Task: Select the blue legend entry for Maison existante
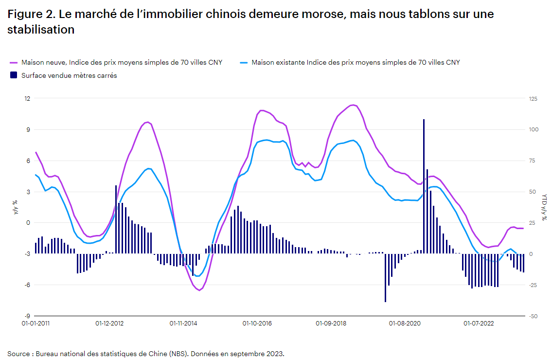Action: [355, 62]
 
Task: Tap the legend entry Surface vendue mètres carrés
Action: [69, 75]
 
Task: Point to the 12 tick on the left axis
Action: [27, 99]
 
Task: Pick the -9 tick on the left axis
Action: [27, 316]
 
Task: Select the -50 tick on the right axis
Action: [534, 316]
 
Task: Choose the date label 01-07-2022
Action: [478, 323]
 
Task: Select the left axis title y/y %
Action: [15, 207]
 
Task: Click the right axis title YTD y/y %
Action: [544, 207]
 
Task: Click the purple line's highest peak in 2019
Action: [353, 105]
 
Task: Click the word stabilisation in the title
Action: [41, 30]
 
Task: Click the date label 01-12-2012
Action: [109, 323]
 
